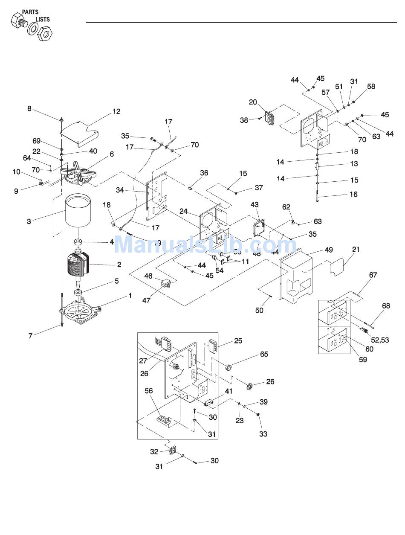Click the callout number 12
116,112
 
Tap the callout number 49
329,250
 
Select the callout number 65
264,354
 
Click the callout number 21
356,249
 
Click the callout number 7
30,336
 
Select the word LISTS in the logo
42,19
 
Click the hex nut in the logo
44,33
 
